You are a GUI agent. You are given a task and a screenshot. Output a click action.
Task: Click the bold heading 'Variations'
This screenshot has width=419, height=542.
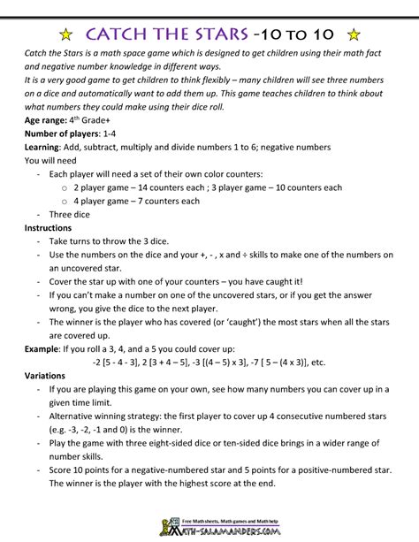tap(50, 375)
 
